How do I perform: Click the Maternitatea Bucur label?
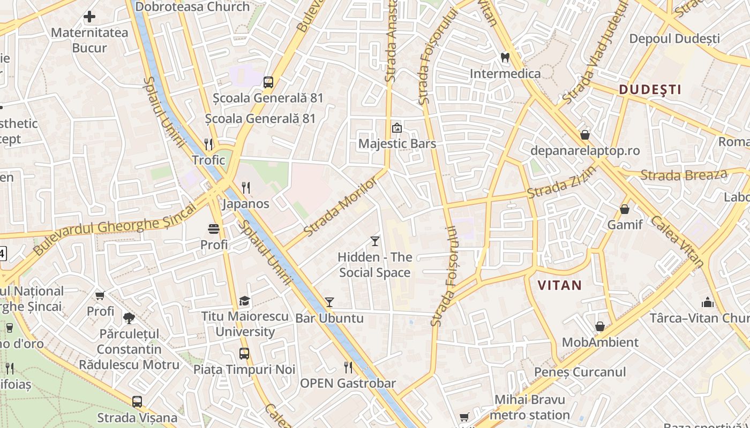tap(89, 40)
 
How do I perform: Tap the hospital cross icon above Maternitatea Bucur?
tap(89, 17)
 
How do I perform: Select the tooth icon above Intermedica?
tap(505, 57)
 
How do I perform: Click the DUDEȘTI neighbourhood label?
tap(650, 89)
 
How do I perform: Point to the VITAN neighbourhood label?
tap(559, 285)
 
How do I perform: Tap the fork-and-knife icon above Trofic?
tap(209, 144)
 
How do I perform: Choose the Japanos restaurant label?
tap(246, 204)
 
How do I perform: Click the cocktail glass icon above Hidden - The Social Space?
tap(375, 241)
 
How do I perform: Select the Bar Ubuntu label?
tap(329, 318)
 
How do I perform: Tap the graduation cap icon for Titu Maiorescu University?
tap(244, 301)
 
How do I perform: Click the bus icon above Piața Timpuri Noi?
tap(244, 354)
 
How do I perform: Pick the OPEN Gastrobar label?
tap(348, 383)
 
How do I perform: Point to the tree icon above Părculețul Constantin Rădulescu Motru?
tap(129, 318)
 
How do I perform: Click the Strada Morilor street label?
tap(340, 207)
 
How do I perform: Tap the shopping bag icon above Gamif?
tap(625, 209)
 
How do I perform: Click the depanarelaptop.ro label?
tap(585, 150)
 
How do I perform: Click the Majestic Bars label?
tap(397, 144)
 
